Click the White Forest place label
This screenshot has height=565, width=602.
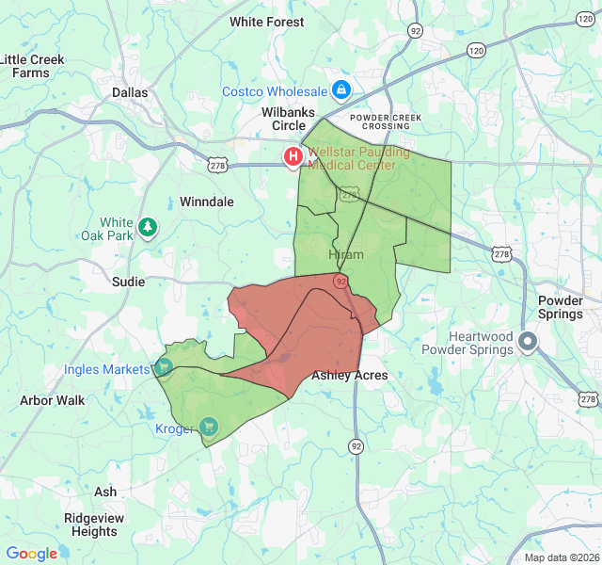(x=266, y=22)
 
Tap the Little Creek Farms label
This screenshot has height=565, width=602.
(x=31, y=66)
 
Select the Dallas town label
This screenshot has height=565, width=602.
(x=130, y=92)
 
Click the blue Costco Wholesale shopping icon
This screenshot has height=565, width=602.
(x=341, y=91)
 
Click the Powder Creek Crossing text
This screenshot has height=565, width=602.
(x=387, y=121)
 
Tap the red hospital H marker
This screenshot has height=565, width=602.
(x=294, y=156)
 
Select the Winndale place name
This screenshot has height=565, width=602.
(x=206, y=202)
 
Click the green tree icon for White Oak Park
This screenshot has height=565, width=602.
(x=147, y=226)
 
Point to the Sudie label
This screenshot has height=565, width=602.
(x=128, y=282)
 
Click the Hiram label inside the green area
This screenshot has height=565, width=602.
(x=345, y=255)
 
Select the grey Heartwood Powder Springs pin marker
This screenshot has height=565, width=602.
(x=529, y=343)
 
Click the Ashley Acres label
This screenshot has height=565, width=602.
(x=349, y=375)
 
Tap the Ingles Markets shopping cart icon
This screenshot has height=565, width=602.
(x=164, y=367)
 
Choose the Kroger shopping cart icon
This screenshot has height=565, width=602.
(x=208, y=427)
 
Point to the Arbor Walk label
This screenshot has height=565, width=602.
(x=52, y=400)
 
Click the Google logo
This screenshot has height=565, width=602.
(x=32, y=554)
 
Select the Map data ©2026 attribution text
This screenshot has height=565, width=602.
(x=561, y=557)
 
